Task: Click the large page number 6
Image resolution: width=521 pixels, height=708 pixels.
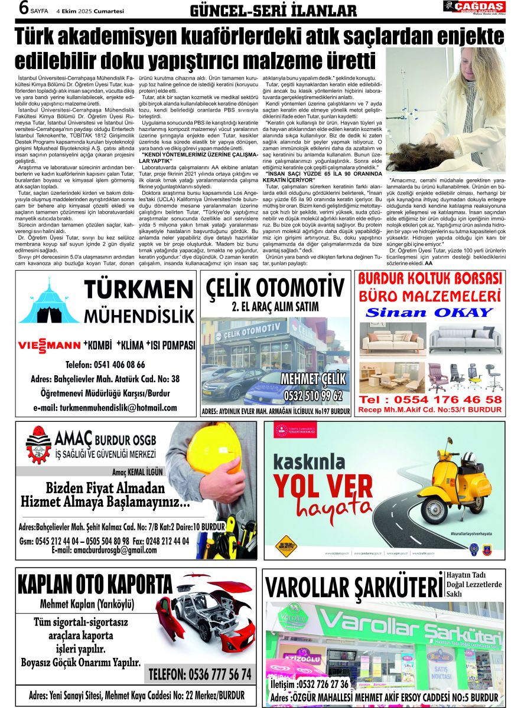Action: click(x=9, y=9)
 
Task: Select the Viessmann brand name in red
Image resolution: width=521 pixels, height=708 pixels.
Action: click(x=50, y=345)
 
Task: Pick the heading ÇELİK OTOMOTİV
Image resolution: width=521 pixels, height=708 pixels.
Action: click(x=275, y=287)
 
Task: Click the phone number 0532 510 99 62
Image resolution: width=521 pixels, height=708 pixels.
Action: click(x=312, y=395)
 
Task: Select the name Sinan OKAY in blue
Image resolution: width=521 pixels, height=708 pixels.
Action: click(x=429, y=312)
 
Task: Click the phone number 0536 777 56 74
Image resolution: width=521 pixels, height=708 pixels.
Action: click(x=200, y=674)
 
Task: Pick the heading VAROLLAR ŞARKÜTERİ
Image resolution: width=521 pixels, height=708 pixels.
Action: click(x=353, y=588)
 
